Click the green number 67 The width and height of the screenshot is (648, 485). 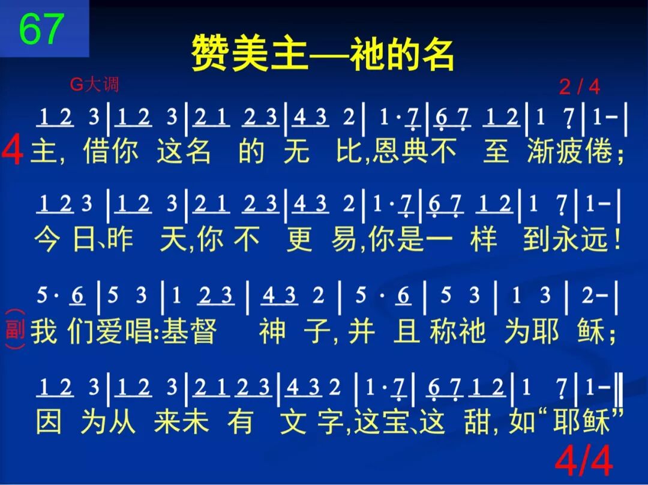[41, 29]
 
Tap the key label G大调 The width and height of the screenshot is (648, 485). [95, 85]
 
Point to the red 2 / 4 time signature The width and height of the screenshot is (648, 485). [579, 87]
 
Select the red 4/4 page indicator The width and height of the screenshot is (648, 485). [583, 461]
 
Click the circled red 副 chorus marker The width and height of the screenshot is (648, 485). [14, 330]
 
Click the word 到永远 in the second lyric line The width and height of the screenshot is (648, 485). [563, 240]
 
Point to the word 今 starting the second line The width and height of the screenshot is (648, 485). [47, 240]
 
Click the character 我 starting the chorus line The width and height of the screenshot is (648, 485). [44, 331]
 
